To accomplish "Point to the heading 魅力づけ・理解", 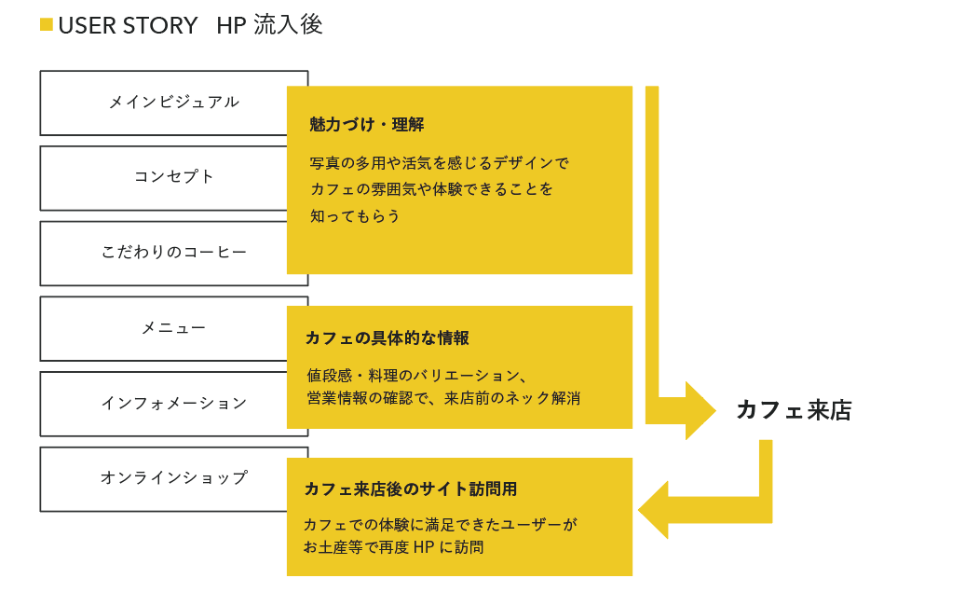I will [366, 125].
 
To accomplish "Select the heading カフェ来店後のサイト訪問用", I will [410, 489].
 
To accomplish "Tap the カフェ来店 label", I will [794, 411].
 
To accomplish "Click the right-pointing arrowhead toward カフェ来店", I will [699, 411].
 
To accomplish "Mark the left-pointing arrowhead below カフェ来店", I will [654, 510].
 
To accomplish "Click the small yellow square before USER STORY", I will [46, 24].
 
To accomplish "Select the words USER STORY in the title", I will [129, 25].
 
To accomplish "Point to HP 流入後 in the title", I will [269, 25].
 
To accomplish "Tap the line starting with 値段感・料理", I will [417, 376].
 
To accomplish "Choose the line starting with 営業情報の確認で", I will [443, 399].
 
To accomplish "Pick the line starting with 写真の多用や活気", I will [439, 163].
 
